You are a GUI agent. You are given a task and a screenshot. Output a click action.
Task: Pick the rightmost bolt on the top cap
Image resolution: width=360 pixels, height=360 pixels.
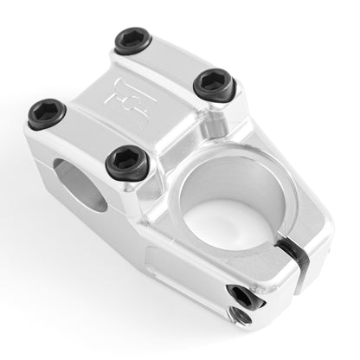tap(212, 83)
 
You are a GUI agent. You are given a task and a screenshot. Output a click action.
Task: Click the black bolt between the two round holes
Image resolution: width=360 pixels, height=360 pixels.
tap(126, 162)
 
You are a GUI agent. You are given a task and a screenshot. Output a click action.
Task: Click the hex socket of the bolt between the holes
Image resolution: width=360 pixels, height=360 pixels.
tap(126, 161)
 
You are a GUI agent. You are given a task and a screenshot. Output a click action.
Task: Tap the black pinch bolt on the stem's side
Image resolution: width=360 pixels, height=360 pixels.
tap(243, 296)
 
